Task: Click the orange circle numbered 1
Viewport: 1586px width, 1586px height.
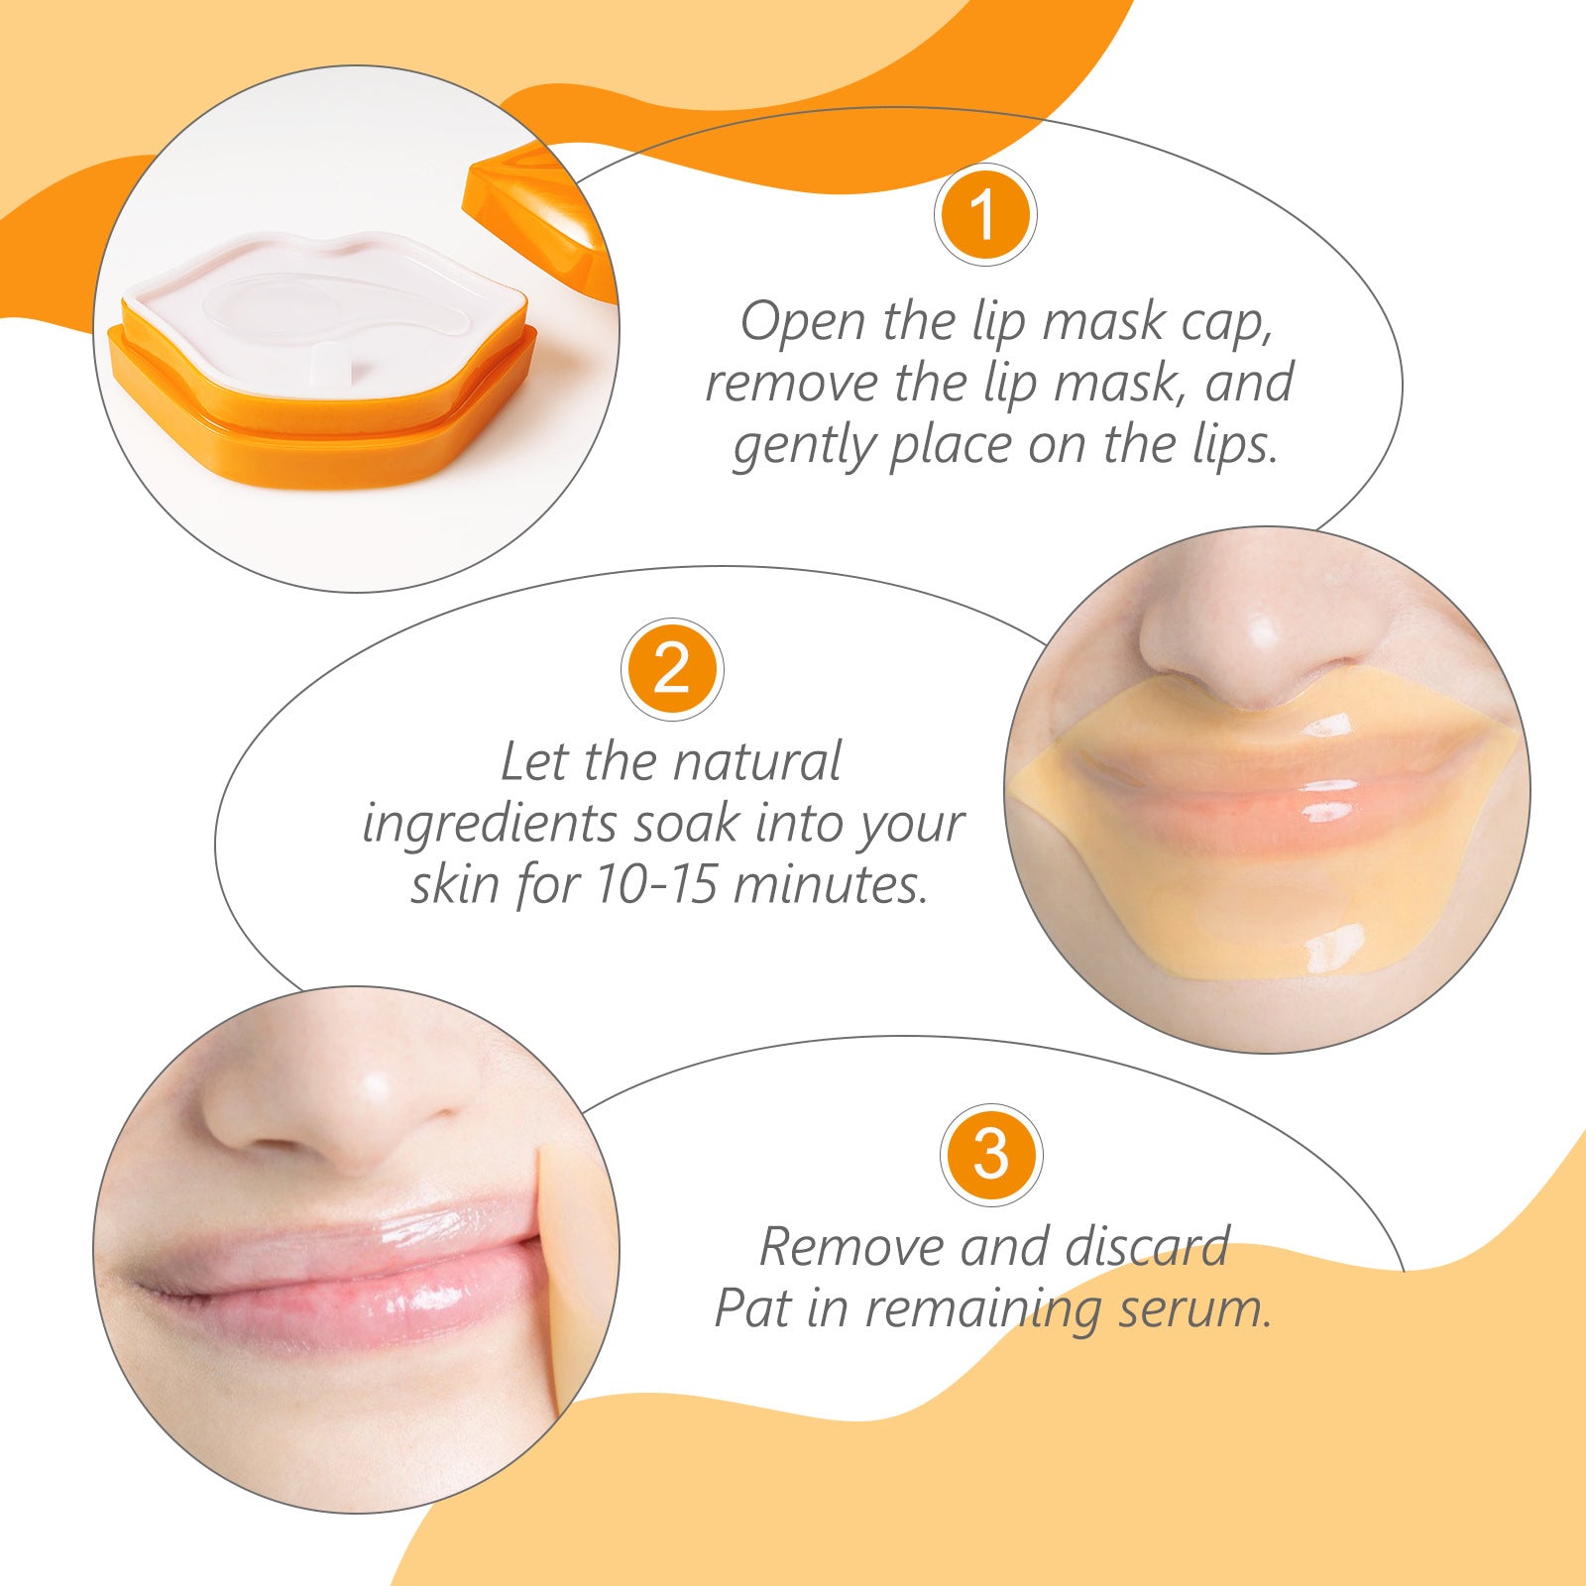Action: (x=984, y=214)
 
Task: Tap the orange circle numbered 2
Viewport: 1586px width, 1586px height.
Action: (x=672, y=670)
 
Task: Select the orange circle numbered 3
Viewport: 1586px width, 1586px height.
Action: (x=991, y=1155)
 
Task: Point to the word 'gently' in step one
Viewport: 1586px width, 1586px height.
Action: (x=803, y=448)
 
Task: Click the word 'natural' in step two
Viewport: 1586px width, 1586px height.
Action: (x=755, y=762)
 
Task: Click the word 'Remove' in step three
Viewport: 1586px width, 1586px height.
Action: (x=850, y=1247)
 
